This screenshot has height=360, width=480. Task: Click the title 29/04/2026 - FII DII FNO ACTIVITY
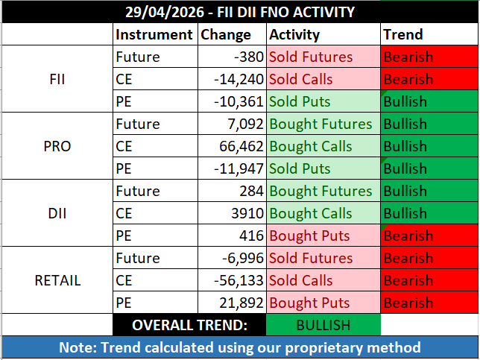coord(239,12)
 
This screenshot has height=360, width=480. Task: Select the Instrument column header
coord(154,34)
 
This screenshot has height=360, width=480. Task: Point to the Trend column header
coord(402,34)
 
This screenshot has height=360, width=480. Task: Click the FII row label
coord(57,79)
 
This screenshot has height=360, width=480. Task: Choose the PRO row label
coord(57,146)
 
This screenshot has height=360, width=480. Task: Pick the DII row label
coord(57,213)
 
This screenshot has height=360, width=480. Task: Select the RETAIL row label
coord(57,280)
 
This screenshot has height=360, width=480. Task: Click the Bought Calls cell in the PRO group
coord(311,146)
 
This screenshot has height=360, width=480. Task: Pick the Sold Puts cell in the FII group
coord(301,101)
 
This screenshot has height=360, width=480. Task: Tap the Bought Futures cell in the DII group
coord(320,191)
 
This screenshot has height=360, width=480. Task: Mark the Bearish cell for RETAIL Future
coord(408,258)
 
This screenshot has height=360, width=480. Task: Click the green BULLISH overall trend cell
coord(323,325)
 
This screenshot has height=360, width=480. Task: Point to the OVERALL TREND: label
coord(190,325)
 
